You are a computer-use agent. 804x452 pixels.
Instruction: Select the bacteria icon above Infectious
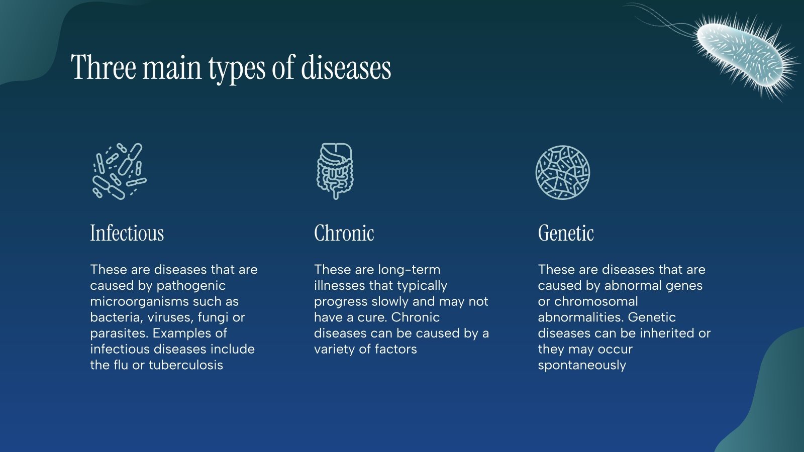(x=119, y=171)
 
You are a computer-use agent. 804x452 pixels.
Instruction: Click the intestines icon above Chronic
(x=335, y=171)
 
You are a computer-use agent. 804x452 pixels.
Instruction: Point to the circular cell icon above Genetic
(x=562, y=172)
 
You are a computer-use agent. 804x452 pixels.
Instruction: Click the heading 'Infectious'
(x=127, y=233)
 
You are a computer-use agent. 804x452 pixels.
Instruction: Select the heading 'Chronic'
(x=344, y=233)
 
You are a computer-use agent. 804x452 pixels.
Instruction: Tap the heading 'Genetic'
(x=566, y=233)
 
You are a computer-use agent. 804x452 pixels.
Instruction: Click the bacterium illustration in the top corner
(x=741, y=53)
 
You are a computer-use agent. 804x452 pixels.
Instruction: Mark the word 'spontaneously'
(x=582, y=365)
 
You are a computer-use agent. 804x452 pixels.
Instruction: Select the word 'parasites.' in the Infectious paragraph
(x=119, y=333)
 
